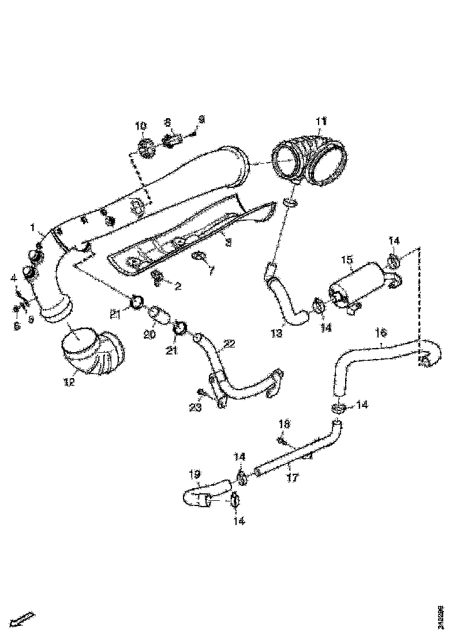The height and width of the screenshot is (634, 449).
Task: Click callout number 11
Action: pos(321,121)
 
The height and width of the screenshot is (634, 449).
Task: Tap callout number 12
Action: pos(69,382)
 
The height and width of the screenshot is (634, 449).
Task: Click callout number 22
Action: pos(229,344)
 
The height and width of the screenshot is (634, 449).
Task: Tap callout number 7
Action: pos(211,270)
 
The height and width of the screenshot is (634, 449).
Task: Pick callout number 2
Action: pos(162,285)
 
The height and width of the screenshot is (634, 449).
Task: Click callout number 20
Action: pos(150,334)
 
